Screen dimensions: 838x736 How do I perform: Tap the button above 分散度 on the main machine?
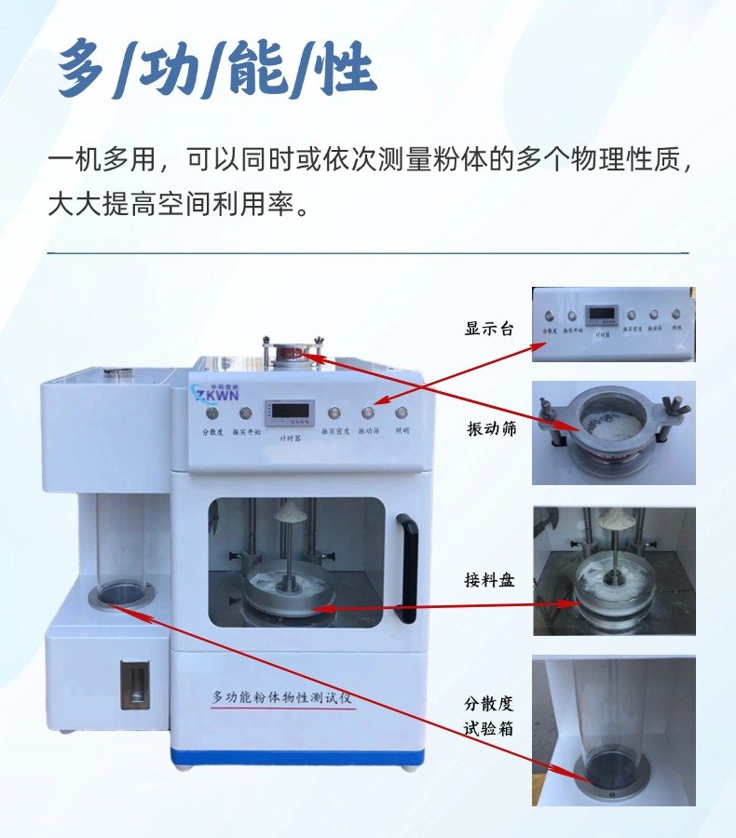(211, 412)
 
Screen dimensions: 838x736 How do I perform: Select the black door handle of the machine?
(408, 560)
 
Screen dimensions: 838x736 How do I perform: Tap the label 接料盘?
(490, 581)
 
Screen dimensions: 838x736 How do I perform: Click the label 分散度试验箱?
(490, 715)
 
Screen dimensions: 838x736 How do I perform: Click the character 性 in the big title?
(345, 70)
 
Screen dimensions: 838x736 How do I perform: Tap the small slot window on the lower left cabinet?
(134, 685)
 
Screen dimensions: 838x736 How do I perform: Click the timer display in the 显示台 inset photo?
(598, 315)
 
